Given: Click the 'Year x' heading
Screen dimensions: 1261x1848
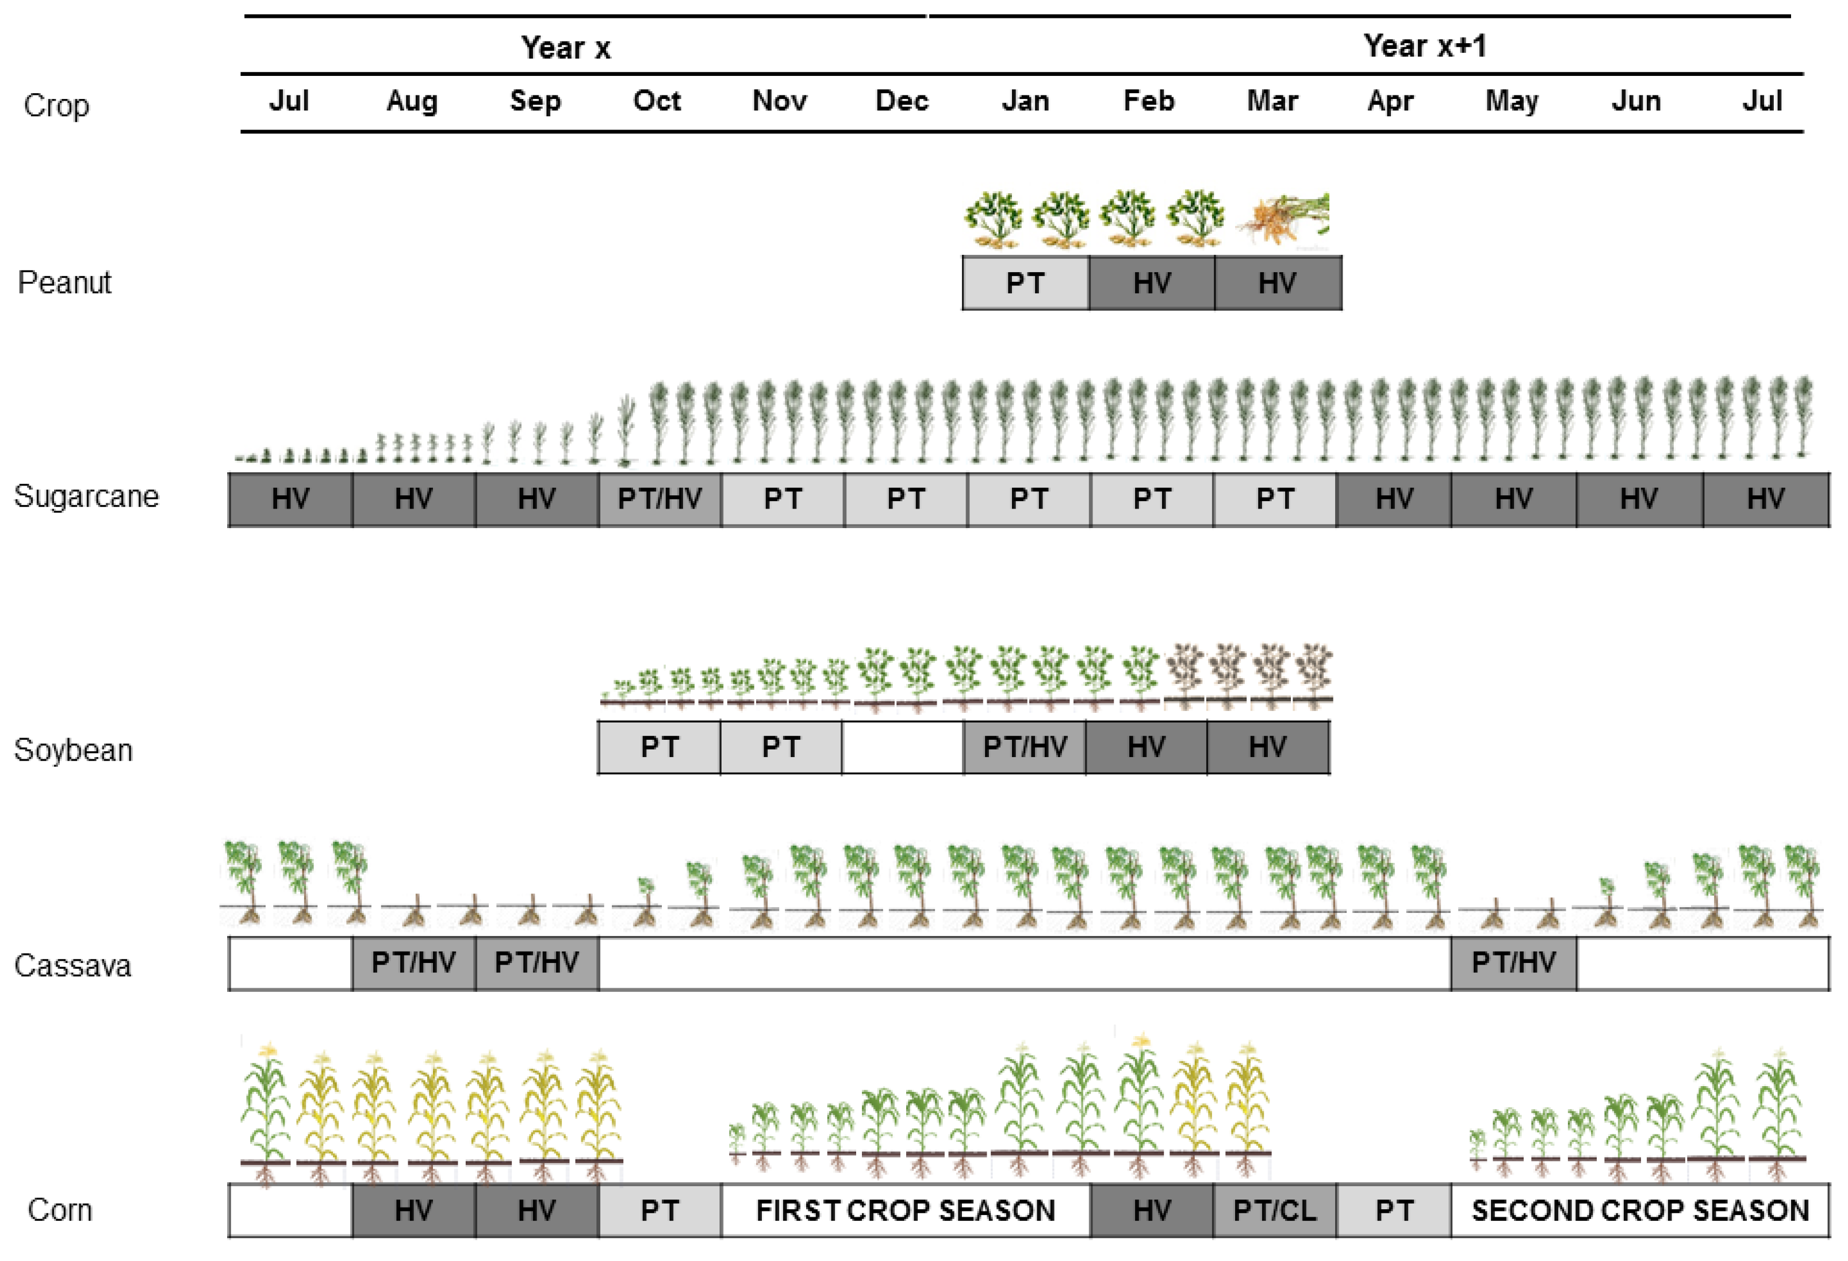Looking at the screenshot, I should tap(565, 48).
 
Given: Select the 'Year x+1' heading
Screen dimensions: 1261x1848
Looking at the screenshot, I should tap(1424, 46).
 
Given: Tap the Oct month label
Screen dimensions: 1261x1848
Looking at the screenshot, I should tap(657, 101).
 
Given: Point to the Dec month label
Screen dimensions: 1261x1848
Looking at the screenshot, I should tap(902, 101).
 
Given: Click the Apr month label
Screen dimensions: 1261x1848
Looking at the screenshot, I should tap(1390, 101).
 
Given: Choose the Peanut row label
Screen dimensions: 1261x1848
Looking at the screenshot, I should tap(64, 282).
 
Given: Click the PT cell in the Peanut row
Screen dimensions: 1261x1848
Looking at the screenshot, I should tap(1025, 283).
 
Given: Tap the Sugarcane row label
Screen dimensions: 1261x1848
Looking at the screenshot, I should tap(86, 496).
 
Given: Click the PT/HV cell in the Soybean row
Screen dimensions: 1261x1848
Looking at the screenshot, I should tap(1025, 747).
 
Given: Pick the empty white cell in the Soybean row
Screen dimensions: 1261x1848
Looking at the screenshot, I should tap(903, 747).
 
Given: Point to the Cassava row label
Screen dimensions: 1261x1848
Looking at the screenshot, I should tap(72, 965).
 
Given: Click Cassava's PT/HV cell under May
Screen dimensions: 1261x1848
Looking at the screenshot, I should tap(1513, 962).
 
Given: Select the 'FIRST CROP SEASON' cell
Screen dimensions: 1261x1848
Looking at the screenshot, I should tap(906, 1210).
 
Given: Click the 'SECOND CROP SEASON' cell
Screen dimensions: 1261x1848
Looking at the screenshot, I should tap(1640, 1210).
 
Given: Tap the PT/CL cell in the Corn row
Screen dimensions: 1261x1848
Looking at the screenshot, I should tap(1275, 1210).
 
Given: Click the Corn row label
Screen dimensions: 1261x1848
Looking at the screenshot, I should tap(60, 1210).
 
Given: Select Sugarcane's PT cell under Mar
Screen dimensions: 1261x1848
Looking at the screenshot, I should tap(1275, 499).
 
